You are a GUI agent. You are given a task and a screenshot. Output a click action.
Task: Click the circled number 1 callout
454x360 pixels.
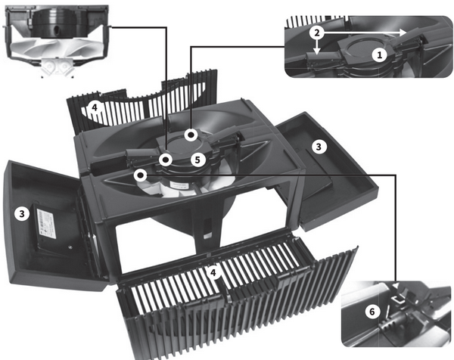(379, 54)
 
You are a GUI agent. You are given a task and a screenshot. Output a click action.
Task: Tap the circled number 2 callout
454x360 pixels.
(317, 33)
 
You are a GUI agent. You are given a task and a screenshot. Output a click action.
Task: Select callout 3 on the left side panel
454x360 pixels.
(22, 214)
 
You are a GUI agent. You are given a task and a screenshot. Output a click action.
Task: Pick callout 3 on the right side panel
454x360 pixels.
(319, 147)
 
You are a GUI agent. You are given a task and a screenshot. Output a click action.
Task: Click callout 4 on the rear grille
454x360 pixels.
(95, 108)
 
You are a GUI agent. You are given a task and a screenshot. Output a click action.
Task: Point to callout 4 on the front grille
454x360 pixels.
(213, 272)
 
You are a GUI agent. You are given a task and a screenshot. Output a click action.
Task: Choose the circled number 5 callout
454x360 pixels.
(197, 160)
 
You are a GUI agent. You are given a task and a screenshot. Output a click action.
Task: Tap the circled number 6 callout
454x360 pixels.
(372, 312)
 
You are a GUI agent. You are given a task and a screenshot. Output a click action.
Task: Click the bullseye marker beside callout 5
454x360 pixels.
(166, 160)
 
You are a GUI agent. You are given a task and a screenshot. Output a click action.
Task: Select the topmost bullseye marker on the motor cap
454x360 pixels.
(191, 135)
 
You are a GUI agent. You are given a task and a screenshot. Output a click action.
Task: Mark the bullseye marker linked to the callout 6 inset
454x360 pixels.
(141, 175)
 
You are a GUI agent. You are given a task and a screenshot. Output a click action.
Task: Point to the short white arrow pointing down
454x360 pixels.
(318, 48)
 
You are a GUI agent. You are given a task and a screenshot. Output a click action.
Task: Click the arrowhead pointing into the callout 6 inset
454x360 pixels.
(396, 284)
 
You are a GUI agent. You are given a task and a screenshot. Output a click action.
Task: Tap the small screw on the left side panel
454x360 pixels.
(70, 247)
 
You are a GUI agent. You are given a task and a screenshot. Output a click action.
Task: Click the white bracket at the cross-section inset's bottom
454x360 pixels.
(56, 67)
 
